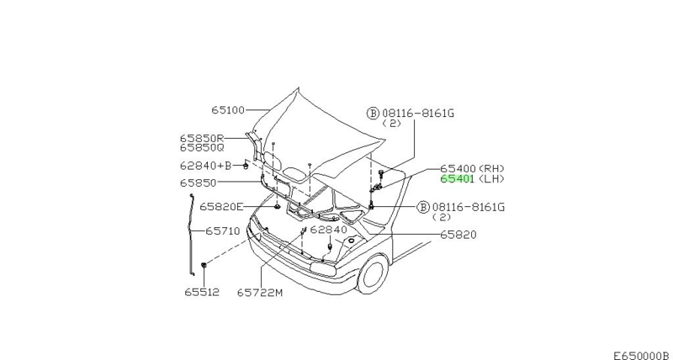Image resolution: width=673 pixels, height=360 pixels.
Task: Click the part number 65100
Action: (x=228, y=110)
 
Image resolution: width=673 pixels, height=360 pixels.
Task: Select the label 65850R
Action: (x=202, y=138)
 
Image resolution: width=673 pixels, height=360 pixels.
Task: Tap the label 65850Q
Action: (x=202, y=147)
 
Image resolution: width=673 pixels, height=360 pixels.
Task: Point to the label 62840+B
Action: (x=205, y=166)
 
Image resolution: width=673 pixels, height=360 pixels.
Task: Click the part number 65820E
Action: (x=221, y=207)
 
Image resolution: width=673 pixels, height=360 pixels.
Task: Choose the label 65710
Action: (x=223, y=231)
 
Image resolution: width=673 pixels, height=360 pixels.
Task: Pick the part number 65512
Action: (x=202, y=292)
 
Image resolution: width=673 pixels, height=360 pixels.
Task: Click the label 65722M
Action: (x=260, y=293)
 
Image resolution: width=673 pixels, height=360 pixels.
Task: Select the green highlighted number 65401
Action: (x=457, y=179)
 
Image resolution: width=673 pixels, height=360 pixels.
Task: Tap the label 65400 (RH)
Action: (x=473, y=168)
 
